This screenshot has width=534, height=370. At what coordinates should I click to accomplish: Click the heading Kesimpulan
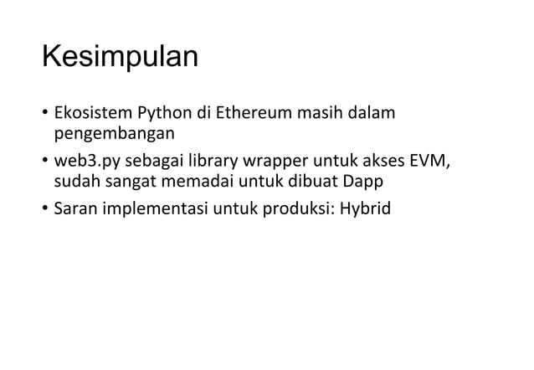click(120, 59)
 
